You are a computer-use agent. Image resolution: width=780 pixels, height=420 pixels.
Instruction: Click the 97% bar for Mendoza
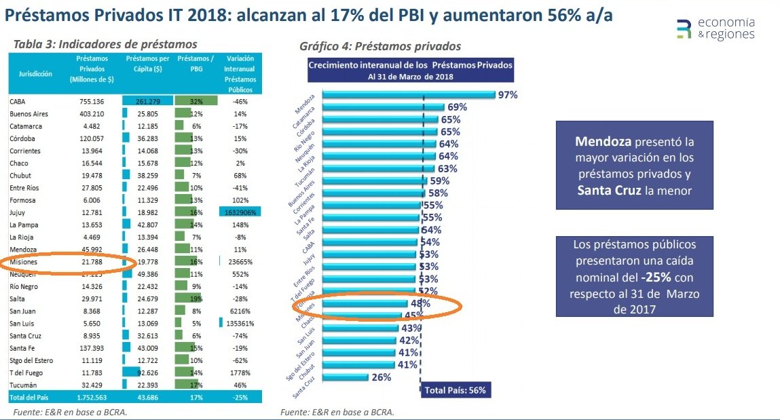click(x=407, y=95)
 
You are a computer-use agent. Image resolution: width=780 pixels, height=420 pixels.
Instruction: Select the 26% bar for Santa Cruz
click(x=346, y=377)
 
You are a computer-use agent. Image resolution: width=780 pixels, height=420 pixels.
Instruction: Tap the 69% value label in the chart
click(x=458, y=107)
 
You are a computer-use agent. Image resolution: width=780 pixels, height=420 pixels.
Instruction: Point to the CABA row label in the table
click(x=18, y=101)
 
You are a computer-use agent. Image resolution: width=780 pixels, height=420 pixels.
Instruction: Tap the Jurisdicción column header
click(x=32, y=75)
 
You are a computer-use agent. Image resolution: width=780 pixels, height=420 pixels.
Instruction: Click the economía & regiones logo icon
click(x=684, y=29)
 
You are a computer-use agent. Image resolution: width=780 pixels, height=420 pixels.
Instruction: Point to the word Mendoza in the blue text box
click(x=598, y=142)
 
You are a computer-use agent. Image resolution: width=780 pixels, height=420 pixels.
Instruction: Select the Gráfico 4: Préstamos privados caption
click(x=380, y=46)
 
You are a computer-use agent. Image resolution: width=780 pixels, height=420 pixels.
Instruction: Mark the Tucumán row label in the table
click(x=24, y=384)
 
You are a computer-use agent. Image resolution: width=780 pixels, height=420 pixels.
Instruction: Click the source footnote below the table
click(x=71, y=412)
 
